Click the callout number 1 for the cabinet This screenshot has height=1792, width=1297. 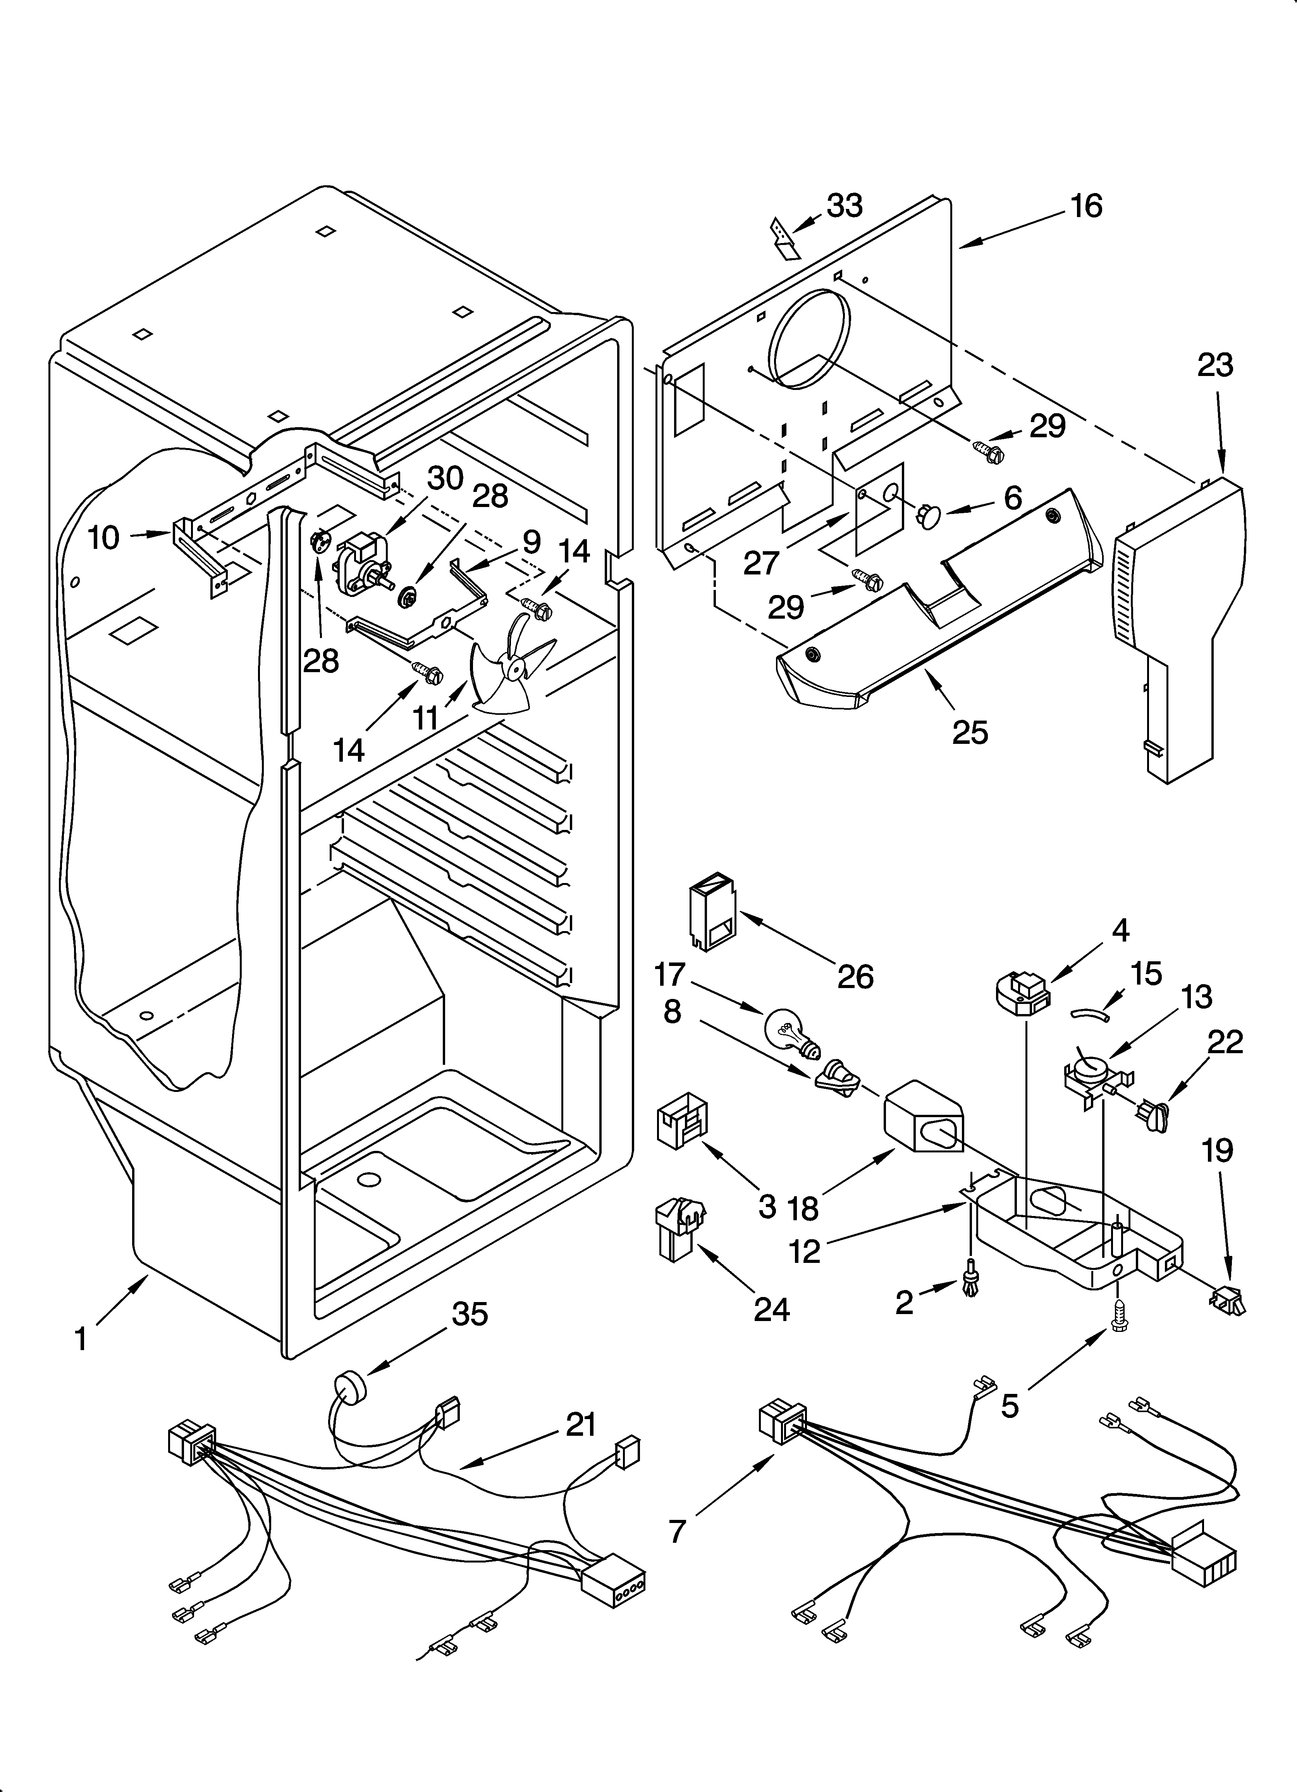coord(81,1338)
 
